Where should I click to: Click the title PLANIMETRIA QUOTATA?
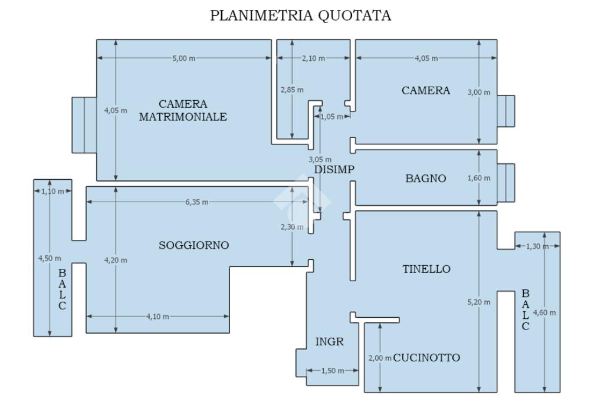point(301,16)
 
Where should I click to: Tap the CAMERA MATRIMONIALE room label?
point(183,110)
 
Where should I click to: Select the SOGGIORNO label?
point(193,245)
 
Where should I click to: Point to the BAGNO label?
point(426,179)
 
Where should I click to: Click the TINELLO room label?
point(426,269)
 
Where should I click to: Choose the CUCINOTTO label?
point(426,357)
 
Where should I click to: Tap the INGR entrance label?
point(329,341)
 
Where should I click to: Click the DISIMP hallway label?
point(334,169)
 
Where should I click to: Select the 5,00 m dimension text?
point(183,58)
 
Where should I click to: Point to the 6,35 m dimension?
point(196,202)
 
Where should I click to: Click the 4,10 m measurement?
point(157,317)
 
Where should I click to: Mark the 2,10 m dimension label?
point(313,58)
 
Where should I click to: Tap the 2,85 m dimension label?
point(292,90)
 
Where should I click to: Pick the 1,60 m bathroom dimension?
point(479,178)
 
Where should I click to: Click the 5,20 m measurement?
point(479,302)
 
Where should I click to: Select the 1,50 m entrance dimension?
point(332,371)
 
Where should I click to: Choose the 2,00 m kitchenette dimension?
point(380,358)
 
